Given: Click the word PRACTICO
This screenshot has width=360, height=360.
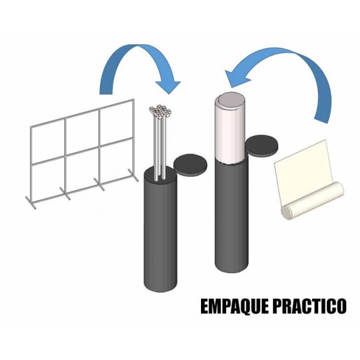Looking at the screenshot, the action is [310, 306].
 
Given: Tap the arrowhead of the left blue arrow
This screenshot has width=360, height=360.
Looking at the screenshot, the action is [168, 86].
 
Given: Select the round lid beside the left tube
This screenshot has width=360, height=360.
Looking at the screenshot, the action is [190, 163].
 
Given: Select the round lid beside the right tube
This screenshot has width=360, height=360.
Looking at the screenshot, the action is [262, 146].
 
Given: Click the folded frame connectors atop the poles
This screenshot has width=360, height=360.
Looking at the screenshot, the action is [160, 111].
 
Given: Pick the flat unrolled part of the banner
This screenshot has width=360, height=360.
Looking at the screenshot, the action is [304, 167].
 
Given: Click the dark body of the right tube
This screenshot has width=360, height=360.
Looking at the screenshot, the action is [232, 216].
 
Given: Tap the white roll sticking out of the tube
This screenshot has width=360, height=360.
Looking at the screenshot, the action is [230, 128].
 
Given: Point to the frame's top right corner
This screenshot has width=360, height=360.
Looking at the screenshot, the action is [133, 100].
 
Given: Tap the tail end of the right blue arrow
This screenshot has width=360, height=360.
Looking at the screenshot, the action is [321, 121].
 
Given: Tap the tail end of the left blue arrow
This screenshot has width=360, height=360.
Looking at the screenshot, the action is [106, 94].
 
